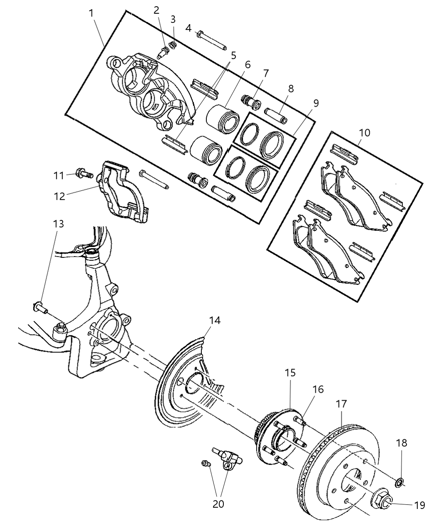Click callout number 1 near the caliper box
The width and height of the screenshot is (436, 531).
tap(91, 13)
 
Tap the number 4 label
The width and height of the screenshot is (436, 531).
tap(188, 28)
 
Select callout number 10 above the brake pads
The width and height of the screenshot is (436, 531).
tap(364, 133)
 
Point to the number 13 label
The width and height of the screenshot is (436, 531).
tap(59, 224)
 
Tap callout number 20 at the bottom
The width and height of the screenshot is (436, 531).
tap(218, 504)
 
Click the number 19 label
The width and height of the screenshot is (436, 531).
tap(420, 505)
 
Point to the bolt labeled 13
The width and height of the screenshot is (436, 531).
tap(40, 309)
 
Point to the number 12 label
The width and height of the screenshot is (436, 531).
tap(59, 196)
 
